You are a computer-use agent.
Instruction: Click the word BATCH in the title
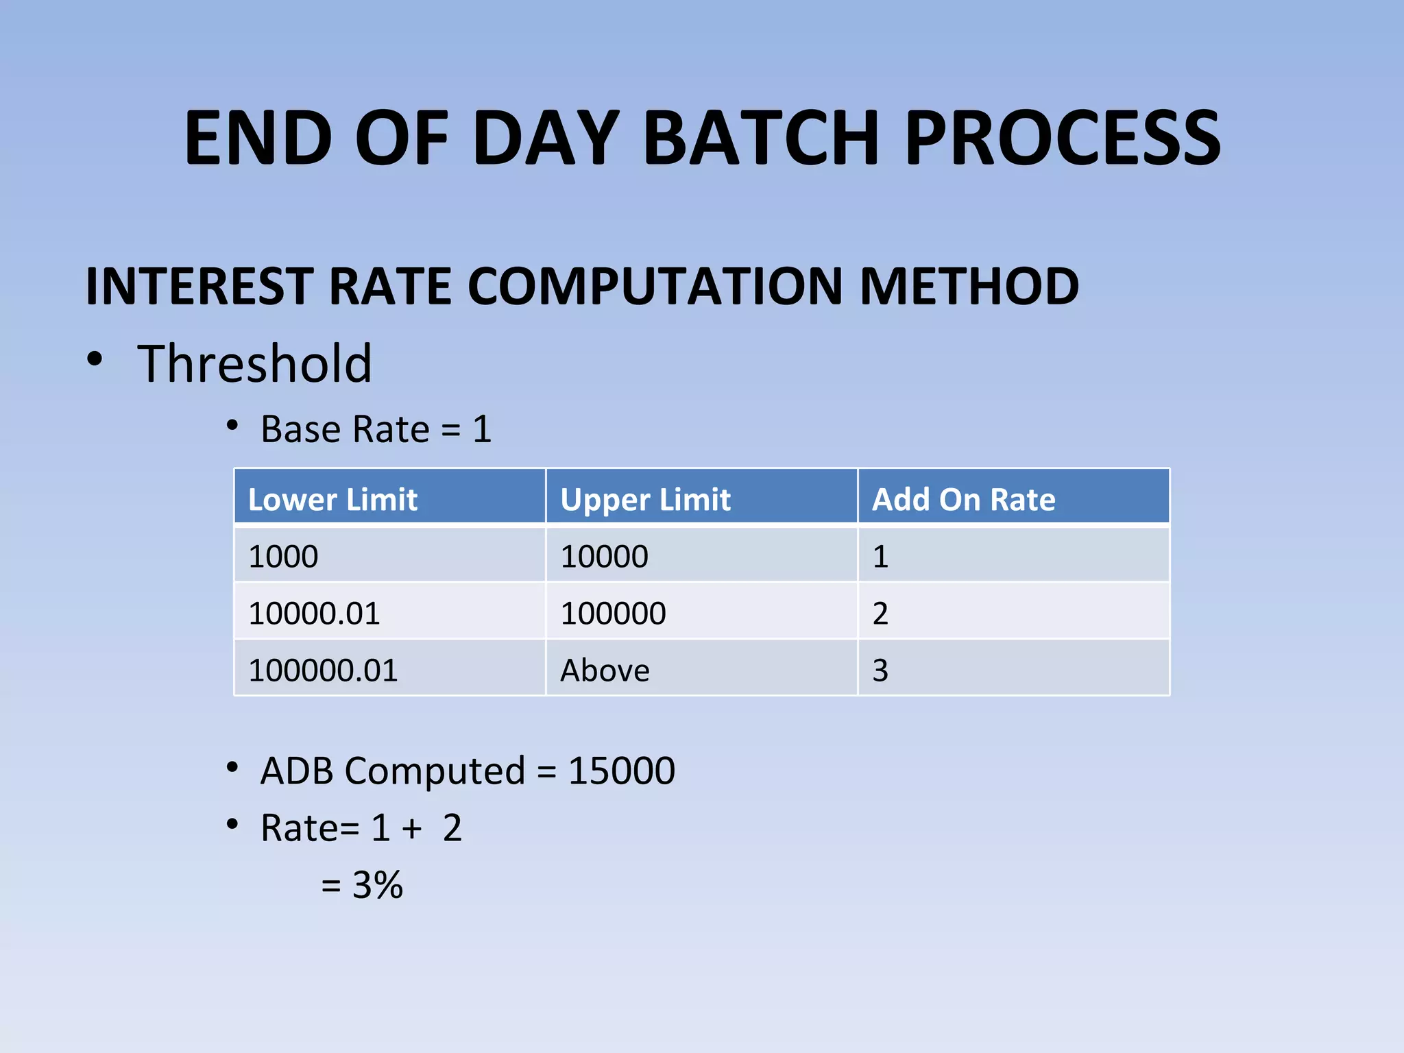(761, 139)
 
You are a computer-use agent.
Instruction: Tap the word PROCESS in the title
(1063, 139)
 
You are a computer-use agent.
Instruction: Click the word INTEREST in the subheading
(199, 287)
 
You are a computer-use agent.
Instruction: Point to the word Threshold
(254, 363)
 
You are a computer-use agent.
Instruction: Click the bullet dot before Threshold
(95, 359)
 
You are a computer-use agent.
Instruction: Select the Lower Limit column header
(332, 499)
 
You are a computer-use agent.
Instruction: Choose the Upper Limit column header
(645, 499)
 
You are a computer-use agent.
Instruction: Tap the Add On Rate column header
(963, 499)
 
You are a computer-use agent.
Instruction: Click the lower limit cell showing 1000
(283, 556)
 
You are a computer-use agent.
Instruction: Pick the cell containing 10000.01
(314, 613)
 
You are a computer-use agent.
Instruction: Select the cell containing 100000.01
(323, 670)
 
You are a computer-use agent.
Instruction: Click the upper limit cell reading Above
(605, 670)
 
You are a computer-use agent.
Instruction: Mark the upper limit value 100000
(613, 613)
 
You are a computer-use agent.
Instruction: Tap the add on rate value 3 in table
(880, 670)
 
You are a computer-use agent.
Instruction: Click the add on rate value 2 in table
(880, 613)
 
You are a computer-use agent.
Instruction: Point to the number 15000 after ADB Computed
(622, 771)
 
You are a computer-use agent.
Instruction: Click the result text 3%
(377, 884)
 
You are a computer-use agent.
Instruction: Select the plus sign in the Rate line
(412, 829)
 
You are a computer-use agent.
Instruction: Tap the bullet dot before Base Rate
(232, 426)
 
